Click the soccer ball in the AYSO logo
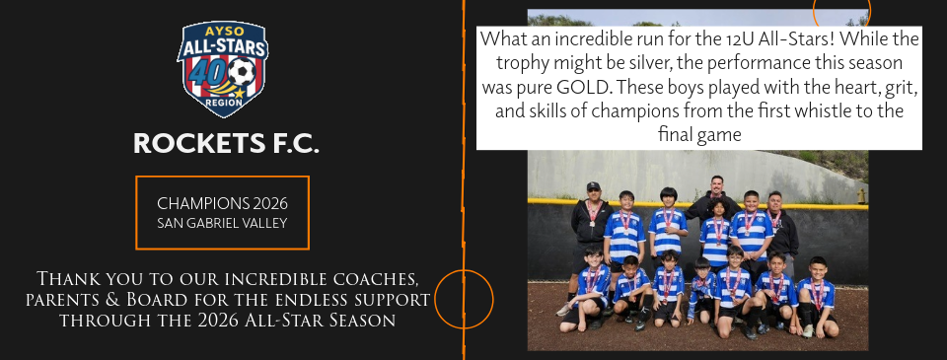[241, 73]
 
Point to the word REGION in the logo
[223, 102]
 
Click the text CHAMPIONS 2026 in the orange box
[222, 202]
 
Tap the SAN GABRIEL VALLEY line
[222, 223]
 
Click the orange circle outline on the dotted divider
[464, 299]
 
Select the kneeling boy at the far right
[818, 295]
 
